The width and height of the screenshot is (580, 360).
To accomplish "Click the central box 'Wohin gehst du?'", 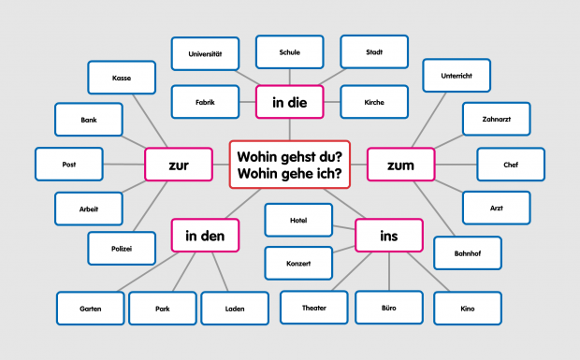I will click(289, 164).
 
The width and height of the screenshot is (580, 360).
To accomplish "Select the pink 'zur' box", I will click(178, 166).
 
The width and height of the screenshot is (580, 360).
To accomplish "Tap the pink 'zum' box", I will click(399, 165).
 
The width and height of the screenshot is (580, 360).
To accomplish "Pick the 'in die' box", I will click(289, 102).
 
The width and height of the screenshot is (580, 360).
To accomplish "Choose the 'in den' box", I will click(205, 235).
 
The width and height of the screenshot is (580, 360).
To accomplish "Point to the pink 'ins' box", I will click(388, 235).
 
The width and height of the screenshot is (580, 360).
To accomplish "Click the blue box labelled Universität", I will click(205, 52).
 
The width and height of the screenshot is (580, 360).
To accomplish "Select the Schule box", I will click(289, 52).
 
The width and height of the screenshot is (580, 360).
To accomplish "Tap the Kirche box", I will click(373, 101).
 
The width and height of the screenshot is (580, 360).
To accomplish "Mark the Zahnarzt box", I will click(497, 119).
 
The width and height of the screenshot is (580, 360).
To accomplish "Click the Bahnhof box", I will click(467, 253).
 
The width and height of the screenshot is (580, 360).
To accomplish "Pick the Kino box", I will click(467, 307).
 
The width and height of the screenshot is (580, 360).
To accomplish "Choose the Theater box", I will click(313, 307).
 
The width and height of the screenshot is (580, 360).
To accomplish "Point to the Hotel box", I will click(298, 220).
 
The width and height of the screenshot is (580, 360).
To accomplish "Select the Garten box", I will click(90, 308).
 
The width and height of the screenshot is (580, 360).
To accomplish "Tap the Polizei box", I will click(121, 248).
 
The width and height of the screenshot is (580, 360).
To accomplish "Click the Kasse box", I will click(121, 78).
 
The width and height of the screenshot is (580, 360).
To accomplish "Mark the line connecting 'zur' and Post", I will click(123, 165).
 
